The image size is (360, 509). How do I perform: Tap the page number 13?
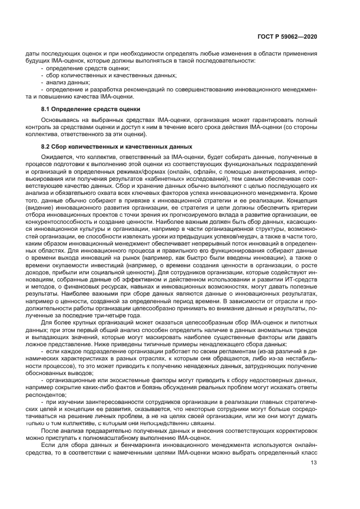tap(314, 463)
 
